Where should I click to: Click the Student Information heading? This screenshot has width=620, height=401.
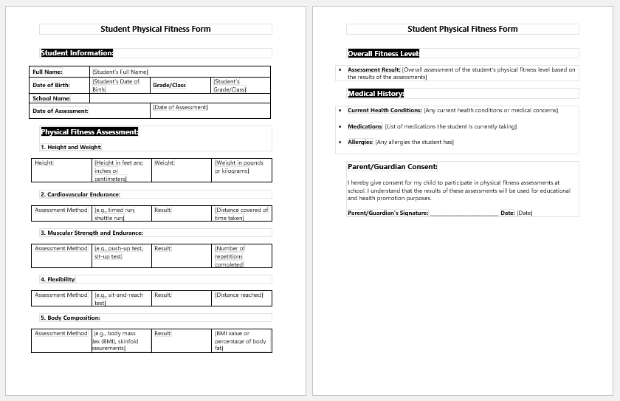coord(77,53)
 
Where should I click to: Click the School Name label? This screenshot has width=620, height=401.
coord(52,98)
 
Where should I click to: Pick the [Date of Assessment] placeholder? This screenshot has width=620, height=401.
coord(180,107)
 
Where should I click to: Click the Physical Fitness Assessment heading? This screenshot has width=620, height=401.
coord(89,132)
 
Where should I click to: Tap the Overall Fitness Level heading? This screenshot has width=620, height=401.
coord(384,53)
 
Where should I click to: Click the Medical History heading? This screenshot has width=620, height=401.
coord(376,94)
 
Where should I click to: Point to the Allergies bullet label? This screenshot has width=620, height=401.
coord(361,142)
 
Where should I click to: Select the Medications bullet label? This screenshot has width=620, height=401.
coord(365,126)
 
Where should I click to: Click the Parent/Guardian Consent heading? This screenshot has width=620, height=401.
coord(393,167)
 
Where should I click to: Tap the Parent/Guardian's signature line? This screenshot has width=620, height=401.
coord(464,213)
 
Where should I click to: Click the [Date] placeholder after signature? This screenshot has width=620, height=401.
coord(524,213)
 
